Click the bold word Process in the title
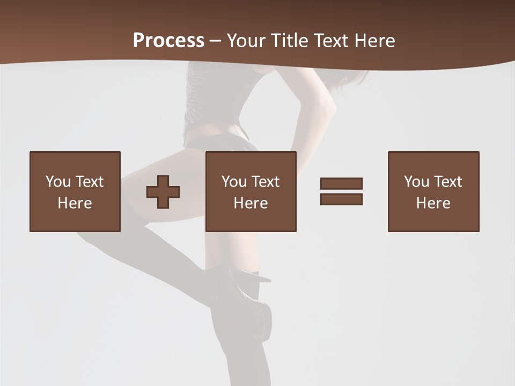tap(168, 41)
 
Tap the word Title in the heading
tap(290, 41)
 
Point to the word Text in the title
tap(332, 41)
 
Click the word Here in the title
tap(374, 41)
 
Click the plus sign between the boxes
tap(163, 192)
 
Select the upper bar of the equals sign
tap(341, 183)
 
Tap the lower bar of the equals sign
tap(341, 199)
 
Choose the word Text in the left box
tap(89, 182)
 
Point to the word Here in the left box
tap(75, 203)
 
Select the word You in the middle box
tap(234, 182)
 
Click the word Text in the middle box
tap(265, 182)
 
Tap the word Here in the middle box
tap(251, 203)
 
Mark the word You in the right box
tap(416, 182)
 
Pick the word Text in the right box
tap(447, 182)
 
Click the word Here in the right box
tap(433, 203)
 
